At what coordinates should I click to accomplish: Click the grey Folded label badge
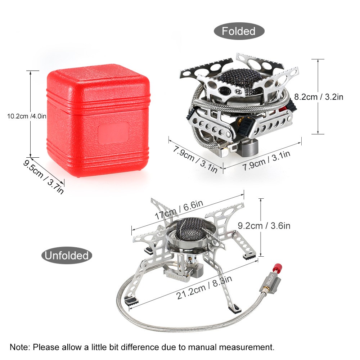tap(239, 31)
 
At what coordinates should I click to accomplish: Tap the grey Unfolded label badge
tap(67, 255)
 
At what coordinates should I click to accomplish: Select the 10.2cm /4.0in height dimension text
tap(27, 116)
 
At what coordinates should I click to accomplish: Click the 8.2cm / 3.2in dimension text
tap(319, 97)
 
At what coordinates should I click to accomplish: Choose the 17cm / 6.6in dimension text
tap(179, 210)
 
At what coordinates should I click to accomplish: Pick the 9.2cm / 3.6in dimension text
tap(264, 226)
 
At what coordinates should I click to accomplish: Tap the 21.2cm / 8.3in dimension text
tap(204, 287)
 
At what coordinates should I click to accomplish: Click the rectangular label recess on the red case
tap(113, 133)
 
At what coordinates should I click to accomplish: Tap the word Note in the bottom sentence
tap(20, 347)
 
